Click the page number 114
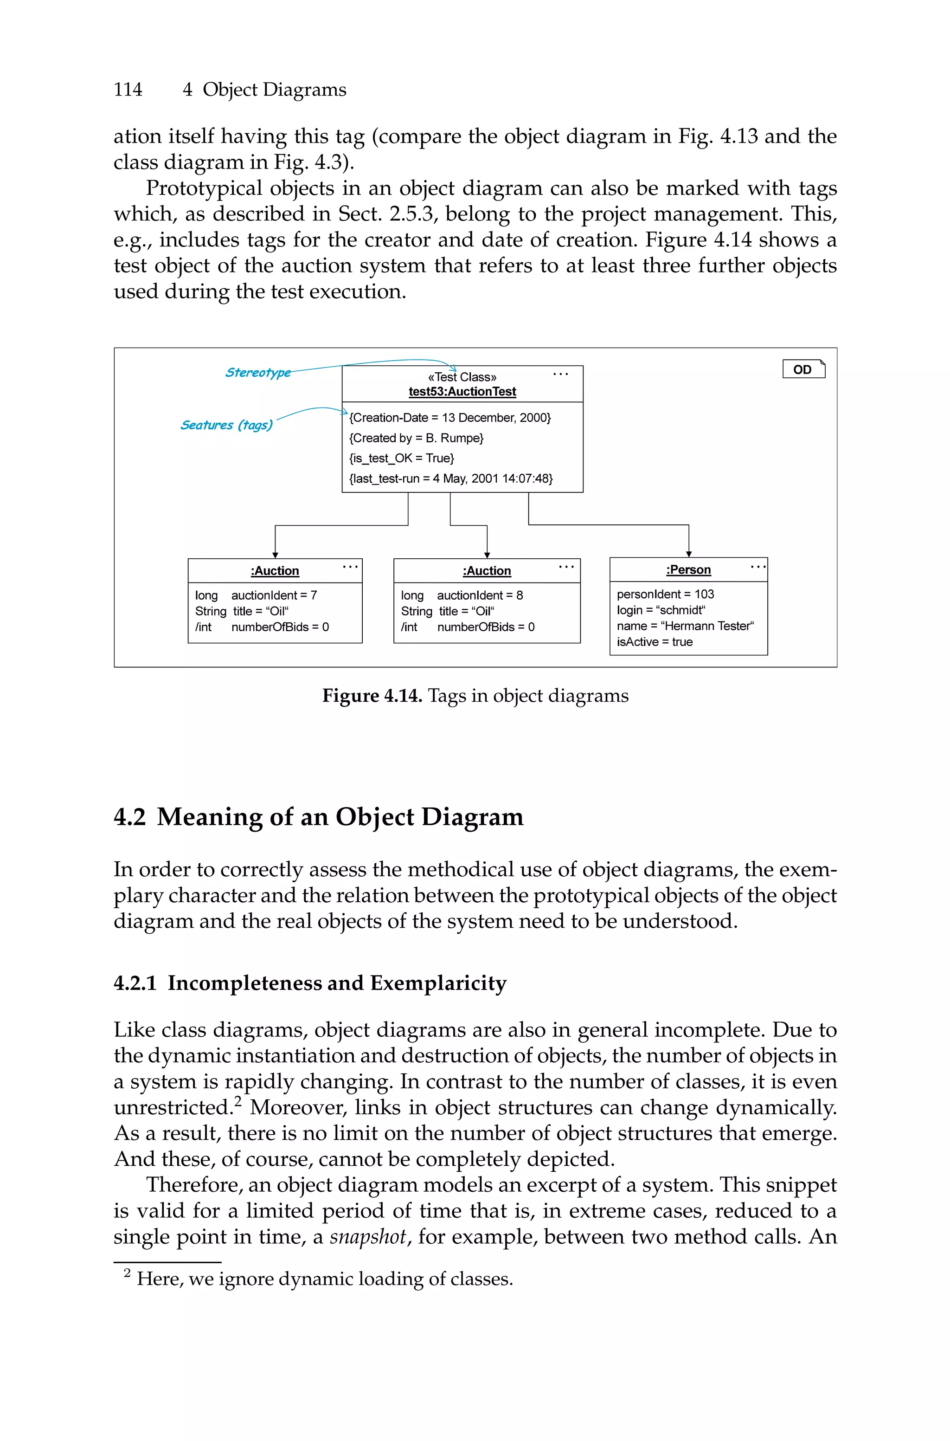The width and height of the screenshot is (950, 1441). (x=128, y=90)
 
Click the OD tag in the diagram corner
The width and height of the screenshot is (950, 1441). (x=803, y=369)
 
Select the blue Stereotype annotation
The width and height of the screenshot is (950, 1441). (x=258, y=372)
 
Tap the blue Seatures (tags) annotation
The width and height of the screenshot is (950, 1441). (x=226, y=425)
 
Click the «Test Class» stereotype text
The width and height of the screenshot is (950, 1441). (x=462, y=377)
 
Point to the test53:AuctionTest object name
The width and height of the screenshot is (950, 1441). (x=462, y=391)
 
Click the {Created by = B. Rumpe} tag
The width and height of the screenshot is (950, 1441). (x=416, y=438)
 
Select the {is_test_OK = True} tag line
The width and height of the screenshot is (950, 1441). (x=402, y=458)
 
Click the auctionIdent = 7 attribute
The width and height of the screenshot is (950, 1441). (x=274, y=595)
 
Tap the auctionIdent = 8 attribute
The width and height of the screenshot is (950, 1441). (x=480, y=595)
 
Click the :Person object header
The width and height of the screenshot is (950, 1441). (x=688, y=569)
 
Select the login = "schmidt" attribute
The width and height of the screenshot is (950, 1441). (x=661, y=610)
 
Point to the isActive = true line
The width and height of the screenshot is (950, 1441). (x=655, y=642)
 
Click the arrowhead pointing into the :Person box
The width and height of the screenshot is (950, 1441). (x=689, y=554)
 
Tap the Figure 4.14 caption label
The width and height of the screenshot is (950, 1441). (x=372, y=696)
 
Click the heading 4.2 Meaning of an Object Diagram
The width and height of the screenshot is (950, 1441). (x=318, y=817)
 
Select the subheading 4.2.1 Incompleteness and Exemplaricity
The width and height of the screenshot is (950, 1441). (x=309, y=983)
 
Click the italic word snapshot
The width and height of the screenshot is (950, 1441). (x=368, y=1236)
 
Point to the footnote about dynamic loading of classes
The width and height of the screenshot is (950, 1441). (x=324, y=1279)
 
